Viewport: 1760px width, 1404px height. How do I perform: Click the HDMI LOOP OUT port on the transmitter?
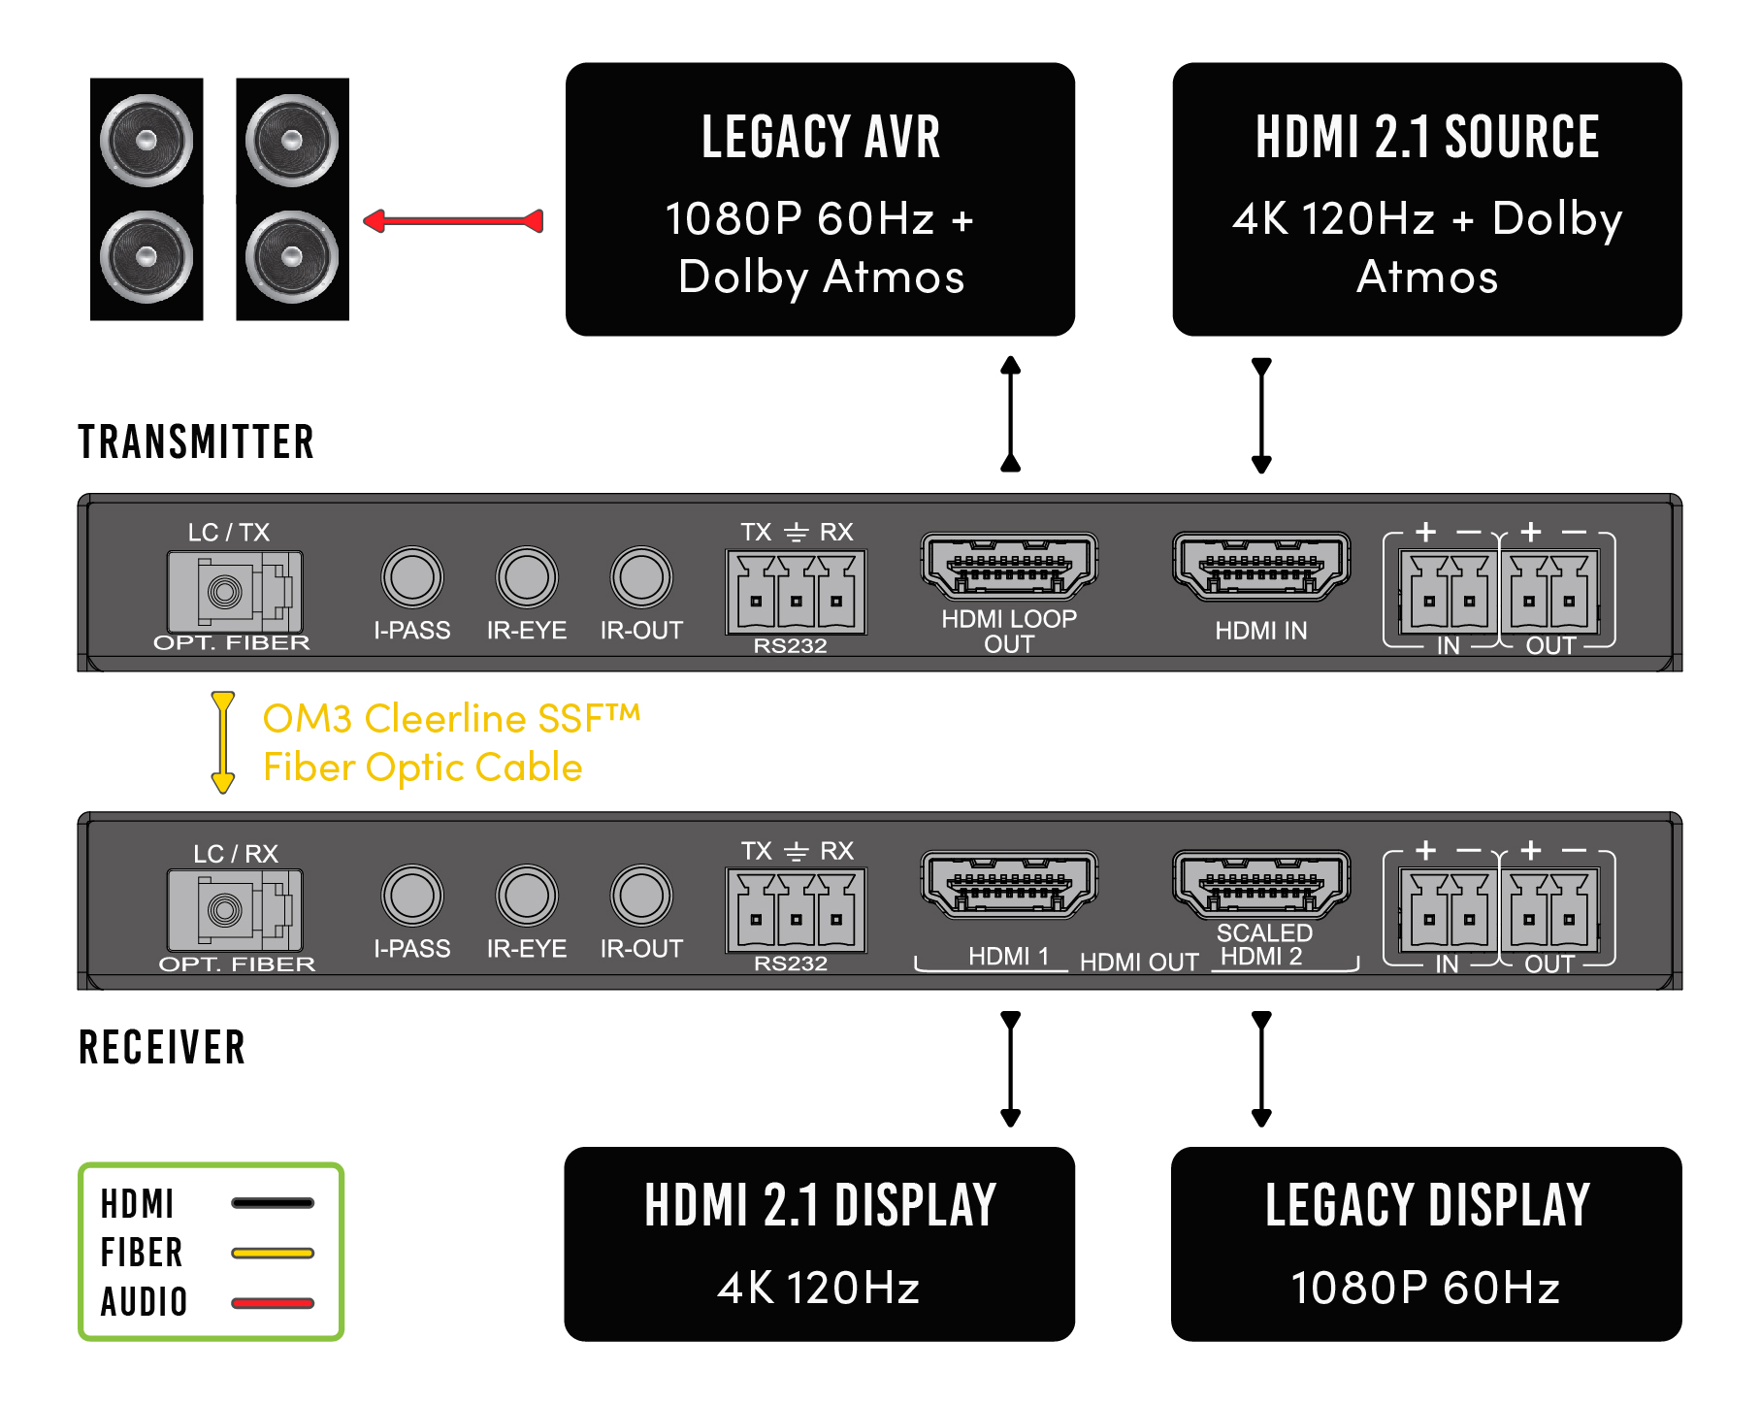tap(1009, 566)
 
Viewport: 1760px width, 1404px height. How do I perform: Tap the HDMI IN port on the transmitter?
tap(1261, 566)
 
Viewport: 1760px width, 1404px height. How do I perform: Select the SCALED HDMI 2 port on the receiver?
tap(1261, 884)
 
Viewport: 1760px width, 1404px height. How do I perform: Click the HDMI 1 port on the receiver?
tap(1009, 884)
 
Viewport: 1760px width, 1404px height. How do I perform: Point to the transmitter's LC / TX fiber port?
tap(235, 591)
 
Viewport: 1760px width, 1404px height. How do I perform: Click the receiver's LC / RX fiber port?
tap(235, 909)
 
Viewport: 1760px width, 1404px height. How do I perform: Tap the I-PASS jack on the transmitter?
tap(412, 577)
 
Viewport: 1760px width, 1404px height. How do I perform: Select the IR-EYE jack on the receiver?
tap(527, 896)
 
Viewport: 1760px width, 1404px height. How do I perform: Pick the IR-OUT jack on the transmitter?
tap(641, 577)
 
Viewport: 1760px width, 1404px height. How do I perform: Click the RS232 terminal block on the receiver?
tap(796, 910)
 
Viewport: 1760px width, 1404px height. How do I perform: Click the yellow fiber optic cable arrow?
tap(223, 742)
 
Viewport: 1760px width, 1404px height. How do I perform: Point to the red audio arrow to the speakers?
tap(453, 221)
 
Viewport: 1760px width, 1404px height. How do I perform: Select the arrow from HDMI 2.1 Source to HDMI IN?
tap(1261, 415)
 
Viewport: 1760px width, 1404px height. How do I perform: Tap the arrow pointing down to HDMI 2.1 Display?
tap(1010, 1068)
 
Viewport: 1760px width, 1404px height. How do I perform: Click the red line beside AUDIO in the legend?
tap(273, 1302)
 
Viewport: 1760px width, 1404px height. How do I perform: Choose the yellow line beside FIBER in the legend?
tap(273, 1253)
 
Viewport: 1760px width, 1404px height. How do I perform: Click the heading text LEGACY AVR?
tap(821, 137)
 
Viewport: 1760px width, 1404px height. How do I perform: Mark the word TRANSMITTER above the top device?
tap(196, 442)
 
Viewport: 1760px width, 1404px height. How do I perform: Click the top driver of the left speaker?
tap(147, 140)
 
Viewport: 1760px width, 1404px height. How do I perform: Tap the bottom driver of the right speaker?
tap(292, 256)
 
